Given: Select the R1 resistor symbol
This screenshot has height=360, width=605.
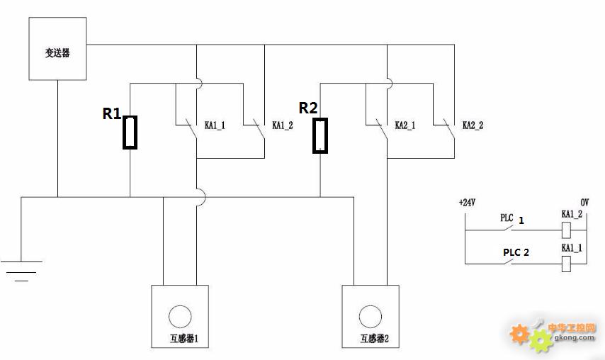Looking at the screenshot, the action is click(130, 133).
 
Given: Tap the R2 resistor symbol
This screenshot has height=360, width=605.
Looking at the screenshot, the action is click(320, 135).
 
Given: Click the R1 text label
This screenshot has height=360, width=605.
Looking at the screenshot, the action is click(111, 113).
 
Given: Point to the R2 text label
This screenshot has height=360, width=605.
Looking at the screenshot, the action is click(308, 108).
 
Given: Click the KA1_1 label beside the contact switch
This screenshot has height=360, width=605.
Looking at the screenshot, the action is click(215, 125).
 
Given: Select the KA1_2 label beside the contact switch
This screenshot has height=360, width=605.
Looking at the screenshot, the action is click(283, 125).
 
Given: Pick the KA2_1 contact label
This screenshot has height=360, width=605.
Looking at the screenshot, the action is click(405, 125).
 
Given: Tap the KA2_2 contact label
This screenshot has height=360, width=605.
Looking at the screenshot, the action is click(473, 125).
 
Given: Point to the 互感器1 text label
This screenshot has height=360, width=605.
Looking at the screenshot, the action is click(184, 339).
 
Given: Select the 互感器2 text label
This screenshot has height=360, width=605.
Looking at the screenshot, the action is click(375, 339).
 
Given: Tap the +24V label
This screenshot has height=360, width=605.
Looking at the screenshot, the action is click(467, 203).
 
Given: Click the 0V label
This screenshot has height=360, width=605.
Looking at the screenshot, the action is click(584, 203).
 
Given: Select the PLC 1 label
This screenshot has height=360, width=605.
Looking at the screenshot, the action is click(512, 219).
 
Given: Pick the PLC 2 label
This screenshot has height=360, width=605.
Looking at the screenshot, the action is click(516, 252).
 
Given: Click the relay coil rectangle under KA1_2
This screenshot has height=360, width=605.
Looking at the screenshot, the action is click(566, 230).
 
